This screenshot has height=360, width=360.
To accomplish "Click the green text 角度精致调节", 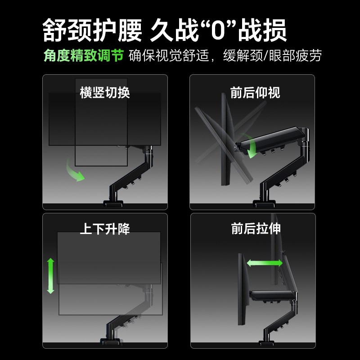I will point(83,56).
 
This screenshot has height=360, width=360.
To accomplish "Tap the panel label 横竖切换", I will point(105,93).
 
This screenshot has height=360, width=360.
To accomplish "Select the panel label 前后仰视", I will point(255,93).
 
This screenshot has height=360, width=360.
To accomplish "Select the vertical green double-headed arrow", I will point(50,276).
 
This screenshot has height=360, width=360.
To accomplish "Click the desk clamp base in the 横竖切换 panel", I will point(114,204).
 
